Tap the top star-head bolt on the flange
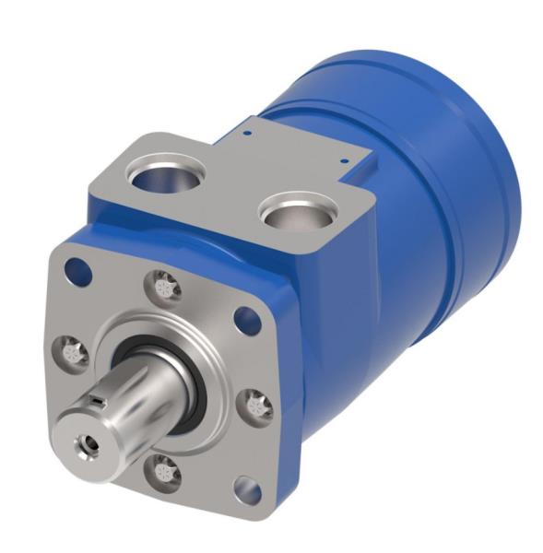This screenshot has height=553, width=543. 165,286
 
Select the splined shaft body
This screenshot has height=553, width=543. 148,387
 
